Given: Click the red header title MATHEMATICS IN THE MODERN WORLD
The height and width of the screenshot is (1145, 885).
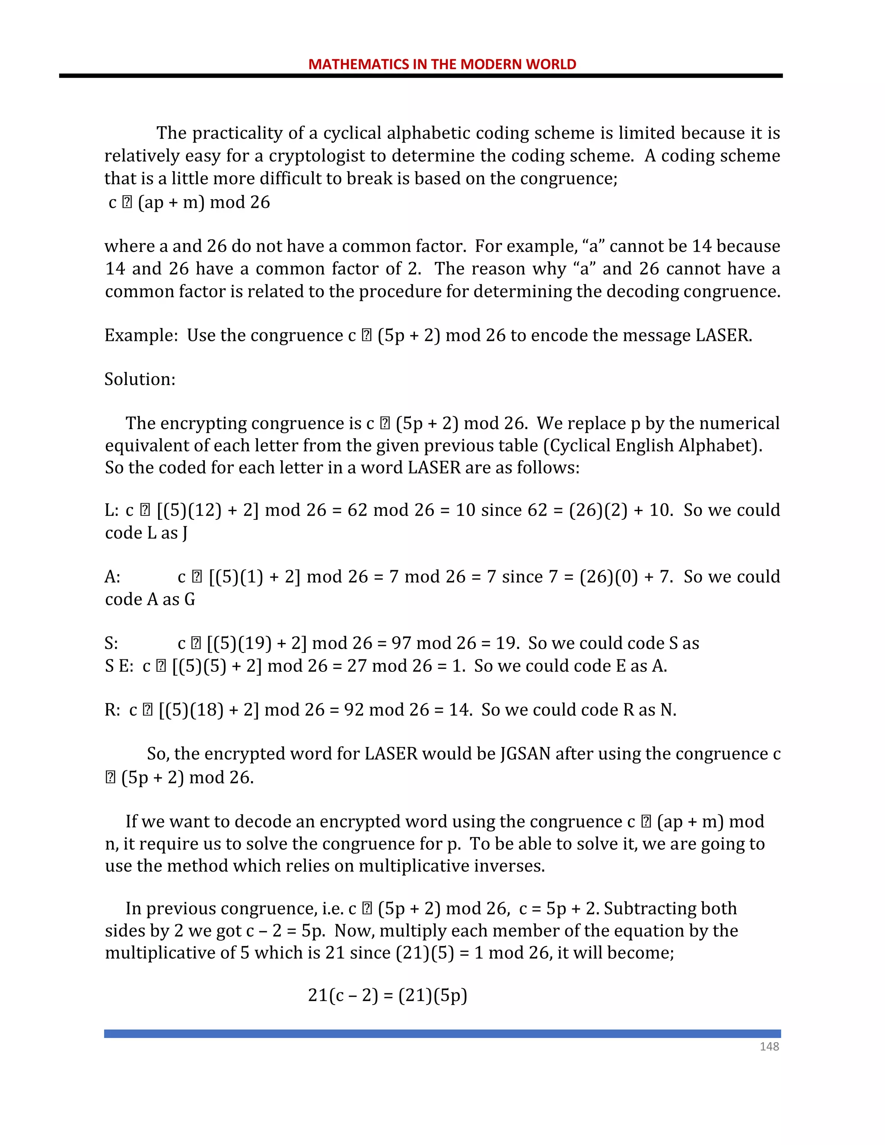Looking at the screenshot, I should (x=442, y=64).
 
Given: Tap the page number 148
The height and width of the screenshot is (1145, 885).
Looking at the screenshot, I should (x=769, y=1046).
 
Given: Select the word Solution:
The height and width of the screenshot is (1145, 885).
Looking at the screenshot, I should (x=140, y=379).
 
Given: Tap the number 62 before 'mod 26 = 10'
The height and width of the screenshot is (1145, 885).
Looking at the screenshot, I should (x=357, y=510).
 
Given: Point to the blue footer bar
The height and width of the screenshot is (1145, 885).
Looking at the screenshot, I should (x=442, y=1034).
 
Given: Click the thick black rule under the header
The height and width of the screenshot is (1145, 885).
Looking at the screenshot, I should (x=420, y=76).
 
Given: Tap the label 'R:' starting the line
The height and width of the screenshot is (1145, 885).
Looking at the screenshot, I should (x=113, y=710).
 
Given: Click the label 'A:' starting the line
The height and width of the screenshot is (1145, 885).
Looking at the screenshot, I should (x=113, y=577).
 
